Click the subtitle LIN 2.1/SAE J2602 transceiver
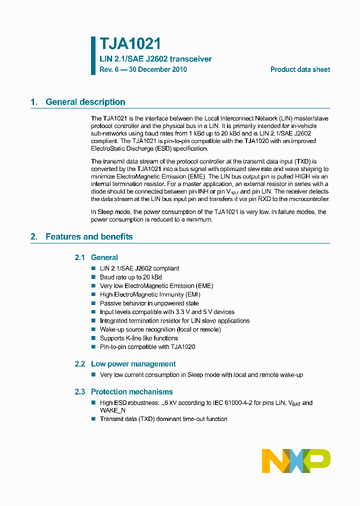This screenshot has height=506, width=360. pyautogui.click(x=155, y=59)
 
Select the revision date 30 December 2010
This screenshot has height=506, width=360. pyautogui.click(x=158, y=69)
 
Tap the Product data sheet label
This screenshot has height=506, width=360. pyautogui.click(x=300, y=69)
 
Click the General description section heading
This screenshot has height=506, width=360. pyautogui.click(x=85, y=102)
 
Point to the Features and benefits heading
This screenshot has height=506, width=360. pyautogui.click(x=89, y=236)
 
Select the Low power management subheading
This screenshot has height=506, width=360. pyautogui.click(x=133, y=364)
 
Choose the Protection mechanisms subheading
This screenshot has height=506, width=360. pyautogui.click(x=131, y=392)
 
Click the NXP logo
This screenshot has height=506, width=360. pyautogui.click(x=296, y=460)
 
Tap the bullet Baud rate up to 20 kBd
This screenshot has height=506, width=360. pyautogui.click(x=130, y=277)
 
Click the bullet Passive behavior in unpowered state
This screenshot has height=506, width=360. pyautogui.click(x=149, y=303)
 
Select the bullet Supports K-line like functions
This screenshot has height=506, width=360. pyautogui.click(x=138, y=338)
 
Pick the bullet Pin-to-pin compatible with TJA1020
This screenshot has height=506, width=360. pyautogui.click(x=147, y=346)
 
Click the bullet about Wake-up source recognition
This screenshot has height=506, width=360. pyautogui.click(x=160, y=329)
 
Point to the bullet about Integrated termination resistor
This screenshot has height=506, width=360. pyautogui.click(x=174, y=320)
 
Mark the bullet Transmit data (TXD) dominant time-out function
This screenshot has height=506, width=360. pyautogui.click(x=163, y=418)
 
